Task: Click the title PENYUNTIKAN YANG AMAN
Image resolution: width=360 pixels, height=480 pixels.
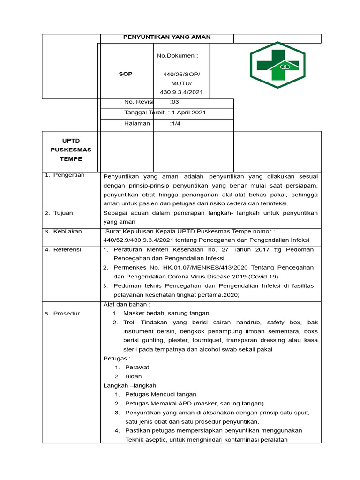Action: coord(167,37)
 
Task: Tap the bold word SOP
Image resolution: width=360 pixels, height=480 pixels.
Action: coord(126,74)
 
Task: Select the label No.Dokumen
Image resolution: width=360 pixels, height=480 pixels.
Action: coord(177,56)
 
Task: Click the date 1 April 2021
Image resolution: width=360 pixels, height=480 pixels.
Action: coord(189,112)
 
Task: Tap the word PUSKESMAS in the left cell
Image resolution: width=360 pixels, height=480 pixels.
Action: coord(71,150)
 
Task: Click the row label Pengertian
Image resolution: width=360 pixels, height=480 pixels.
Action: coord(68,175)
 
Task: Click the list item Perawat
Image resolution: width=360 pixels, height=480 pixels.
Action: coord(137,367)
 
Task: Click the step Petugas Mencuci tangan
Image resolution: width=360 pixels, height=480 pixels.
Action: coord(161,394)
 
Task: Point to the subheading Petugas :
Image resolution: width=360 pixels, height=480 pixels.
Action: coord(117,359)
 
